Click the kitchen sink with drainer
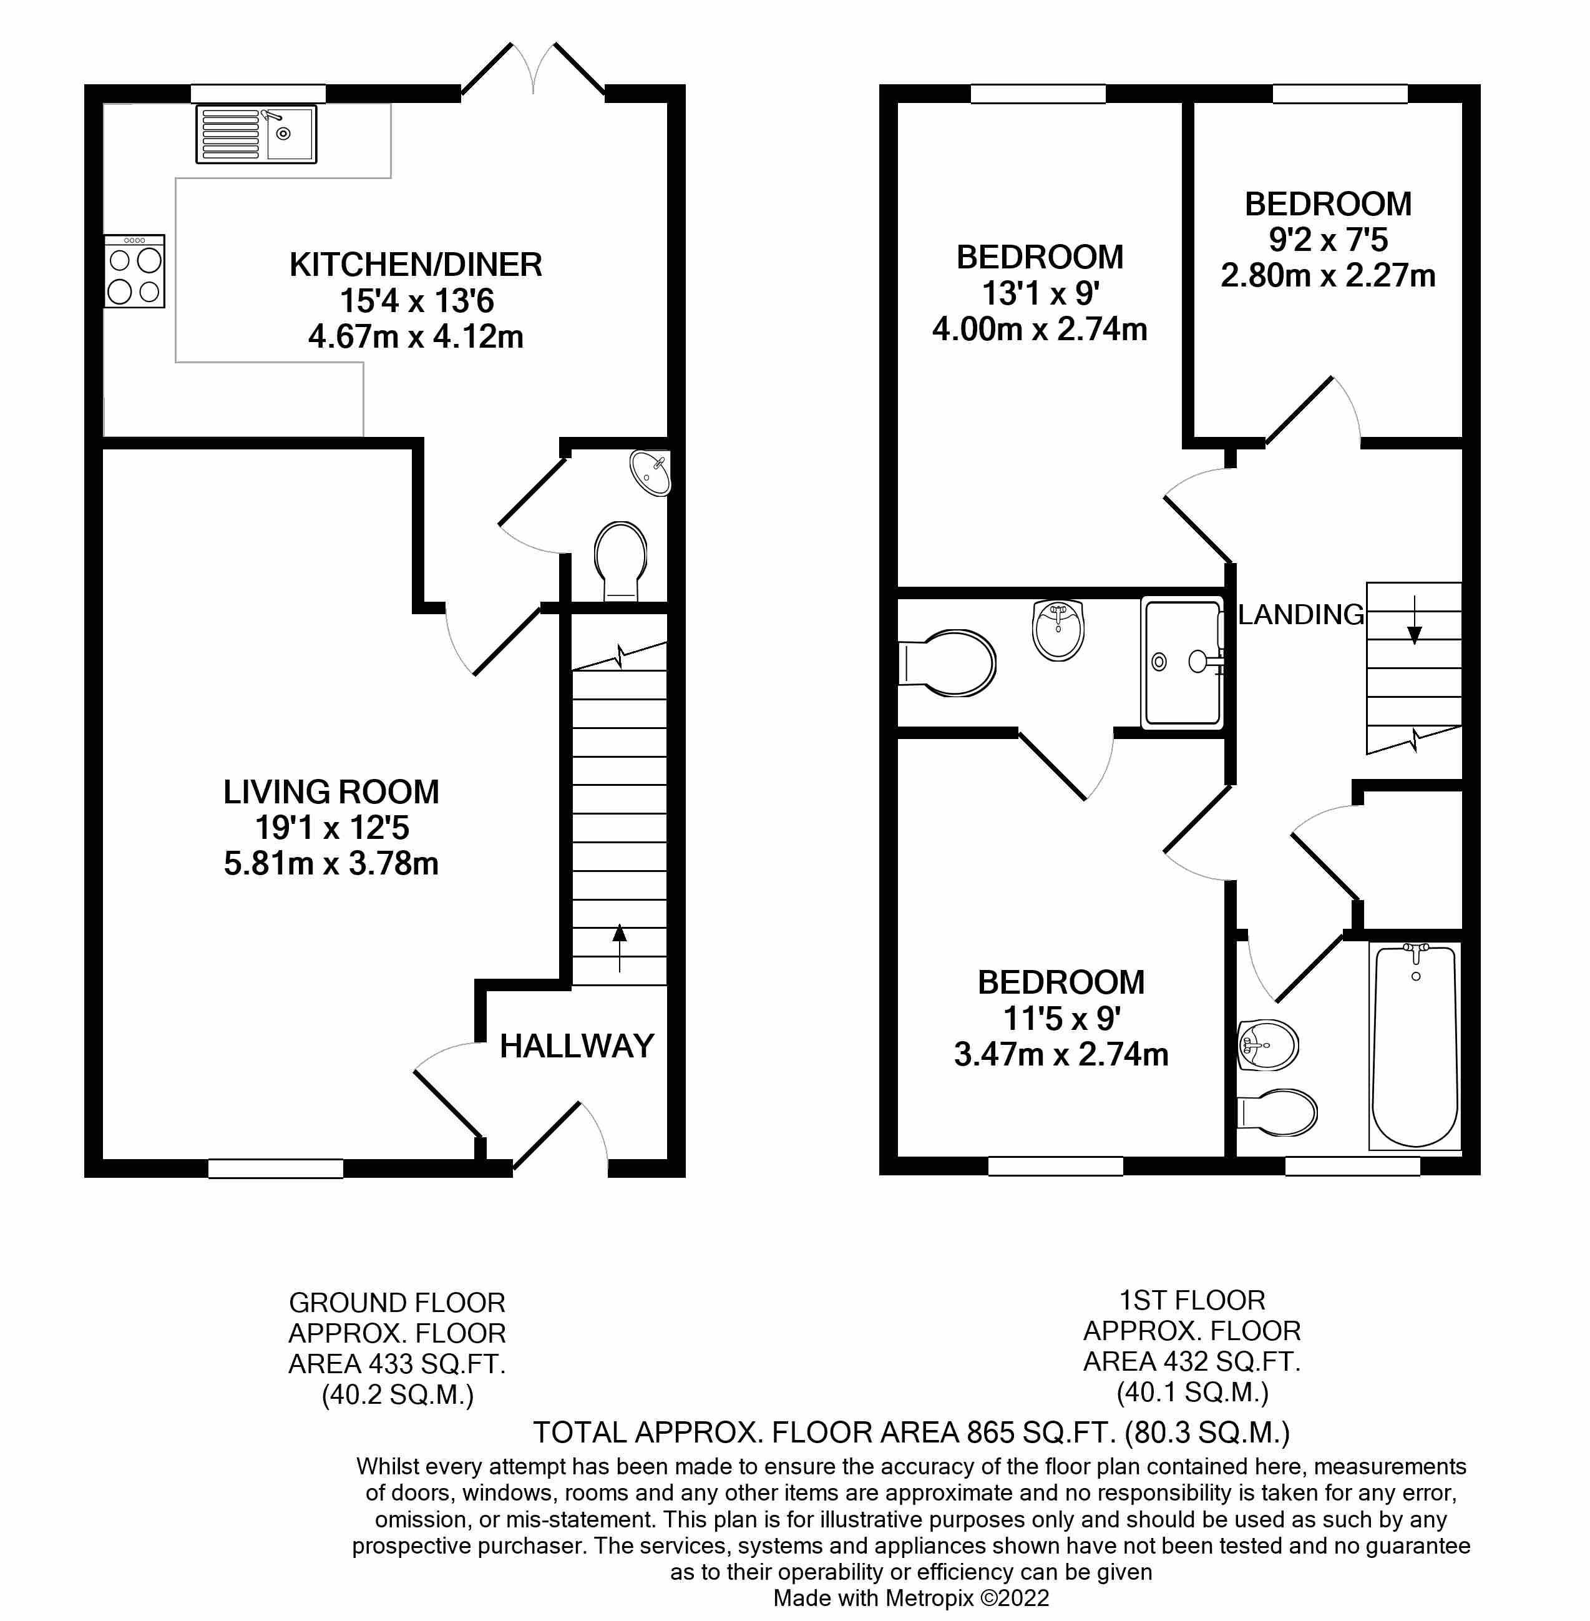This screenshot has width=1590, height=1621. point(256,134)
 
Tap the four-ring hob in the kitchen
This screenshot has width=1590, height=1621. point(134,272)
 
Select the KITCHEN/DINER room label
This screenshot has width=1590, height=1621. point(415,265)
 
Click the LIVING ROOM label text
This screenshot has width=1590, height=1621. point(331,791)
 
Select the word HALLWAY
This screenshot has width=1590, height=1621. point(576,1046)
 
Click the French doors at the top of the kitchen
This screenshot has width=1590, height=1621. point(533,71)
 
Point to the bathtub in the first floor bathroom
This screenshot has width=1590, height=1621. point(1415,1046)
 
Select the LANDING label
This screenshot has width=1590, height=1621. point(1300,615)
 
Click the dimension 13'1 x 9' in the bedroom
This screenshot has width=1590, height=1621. point(1040,293)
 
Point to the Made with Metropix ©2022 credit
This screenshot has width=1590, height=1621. point(911,1598)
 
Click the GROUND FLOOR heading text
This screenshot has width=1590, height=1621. point(397,1303)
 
